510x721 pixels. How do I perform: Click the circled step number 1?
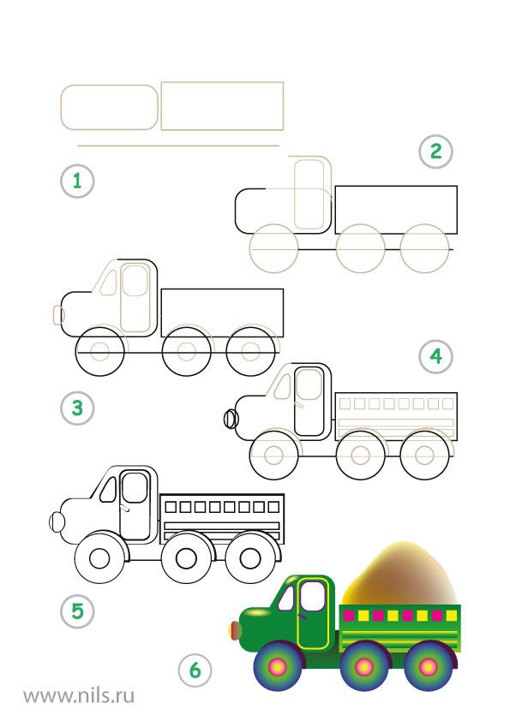coord(77,182)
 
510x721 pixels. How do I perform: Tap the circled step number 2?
coord(436,152)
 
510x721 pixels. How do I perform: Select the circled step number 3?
coord(77,408)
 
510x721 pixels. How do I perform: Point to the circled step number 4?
coord(436,356)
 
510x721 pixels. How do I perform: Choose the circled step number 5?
coord(77,611)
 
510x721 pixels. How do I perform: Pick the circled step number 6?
coord(195,670)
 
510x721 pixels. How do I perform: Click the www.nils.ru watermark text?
coord(79,694)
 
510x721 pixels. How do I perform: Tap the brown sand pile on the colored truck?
coord(400,575)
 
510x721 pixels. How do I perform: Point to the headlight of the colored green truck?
coord(236,630)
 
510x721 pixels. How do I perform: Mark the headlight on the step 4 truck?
coord(231,419)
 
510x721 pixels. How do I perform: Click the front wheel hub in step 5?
coord(99,558)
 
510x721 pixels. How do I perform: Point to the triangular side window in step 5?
coord(108,489)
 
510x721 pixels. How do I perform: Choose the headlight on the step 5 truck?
coord(57,521)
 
